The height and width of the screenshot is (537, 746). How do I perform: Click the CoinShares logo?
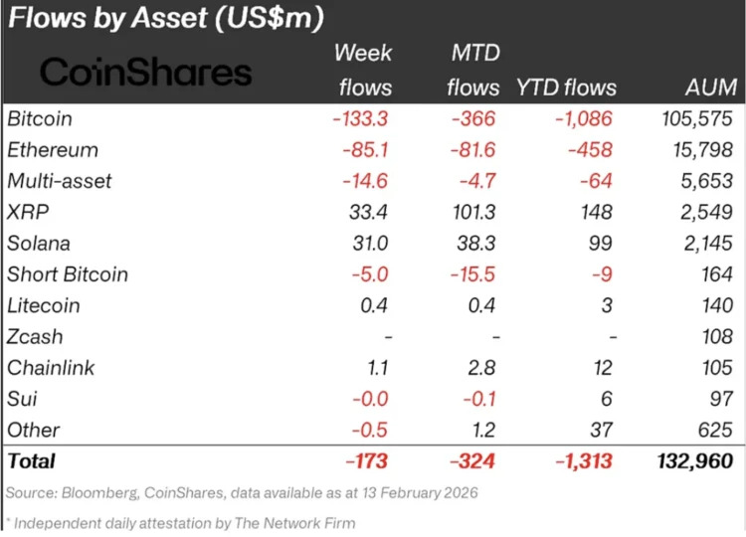[x=145, y=72]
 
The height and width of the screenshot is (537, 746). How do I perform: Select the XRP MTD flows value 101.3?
[x=471, y=213]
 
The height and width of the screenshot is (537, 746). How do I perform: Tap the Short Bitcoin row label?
[x=68, y=274]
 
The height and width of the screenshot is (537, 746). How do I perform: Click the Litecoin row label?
[x=44, y=305]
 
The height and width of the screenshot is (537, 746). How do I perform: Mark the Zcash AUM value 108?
[x=714, y=337]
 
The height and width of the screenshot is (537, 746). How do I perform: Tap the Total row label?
[x=32, y=460]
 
